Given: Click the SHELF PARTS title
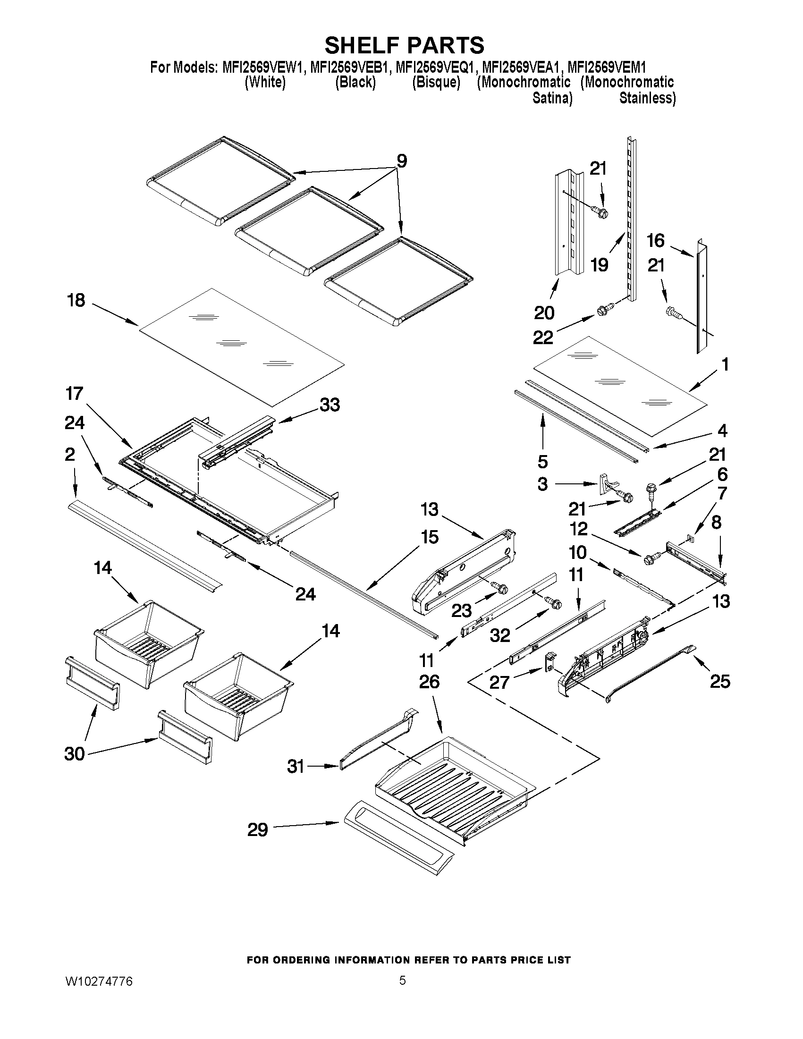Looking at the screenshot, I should coord(404,46).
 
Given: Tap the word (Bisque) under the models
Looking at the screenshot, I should coord(436,82).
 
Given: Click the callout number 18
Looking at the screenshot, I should coord(76,300).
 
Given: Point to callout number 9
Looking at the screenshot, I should coord(401,162).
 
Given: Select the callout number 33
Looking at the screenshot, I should coord(330,405).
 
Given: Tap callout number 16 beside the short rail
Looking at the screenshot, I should coord(655,241).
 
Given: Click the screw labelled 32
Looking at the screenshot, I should coord(554,603).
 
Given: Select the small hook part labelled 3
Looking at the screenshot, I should coord(603,483).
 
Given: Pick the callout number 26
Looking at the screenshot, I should coord(429,682).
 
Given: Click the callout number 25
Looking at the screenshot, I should coord(720,682).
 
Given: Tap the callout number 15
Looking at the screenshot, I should coord(429,538).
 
